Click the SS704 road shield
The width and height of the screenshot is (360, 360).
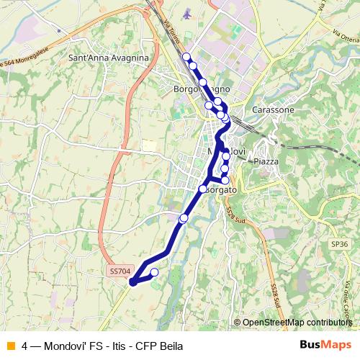coord(120,271)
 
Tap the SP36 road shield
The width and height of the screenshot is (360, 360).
coord(340,244)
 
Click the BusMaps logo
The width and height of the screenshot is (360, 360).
coord(320,345)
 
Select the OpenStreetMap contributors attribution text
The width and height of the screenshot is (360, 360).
coord(297,323)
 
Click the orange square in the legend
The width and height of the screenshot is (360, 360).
coord(9,346)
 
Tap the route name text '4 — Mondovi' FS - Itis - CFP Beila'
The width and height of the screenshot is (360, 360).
coord(102,346)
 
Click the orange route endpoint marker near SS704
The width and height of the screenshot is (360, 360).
coord(132,284)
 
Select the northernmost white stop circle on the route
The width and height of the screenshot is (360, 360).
coord(186,57)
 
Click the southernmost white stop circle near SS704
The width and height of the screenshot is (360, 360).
coord(154,272)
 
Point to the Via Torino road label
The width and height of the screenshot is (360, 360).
coord(171,33)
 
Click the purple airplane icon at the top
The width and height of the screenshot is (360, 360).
coord(188,14)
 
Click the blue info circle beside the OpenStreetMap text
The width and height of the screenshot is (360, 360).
coord(238,323)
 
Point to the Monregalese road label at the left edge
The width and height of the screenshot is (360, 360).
coord(22,58)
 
